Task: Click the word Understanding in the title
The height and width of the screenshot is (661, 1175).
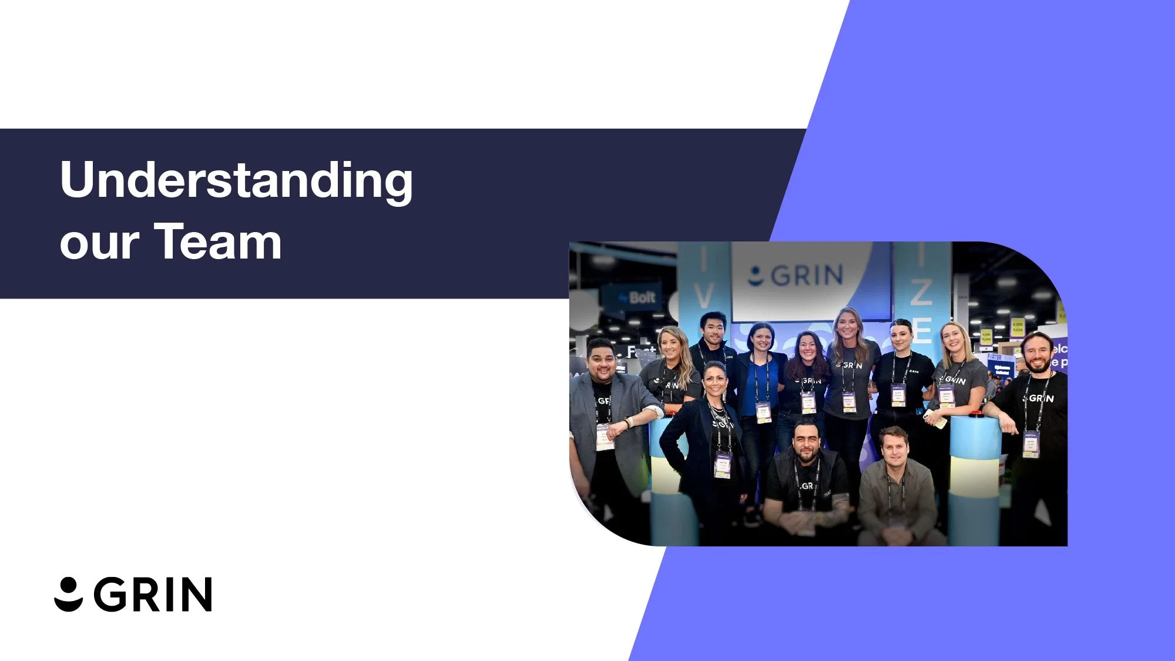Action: click(236, 181)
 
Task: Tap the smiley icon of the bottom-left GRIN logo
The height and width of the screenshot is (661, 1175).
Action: click(69, 594)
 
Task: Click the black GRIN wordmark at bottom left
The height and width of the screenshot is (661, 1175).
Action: click(153, 595)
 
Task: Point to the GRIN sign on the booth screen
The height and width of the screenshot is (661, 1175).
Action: click(797, 275)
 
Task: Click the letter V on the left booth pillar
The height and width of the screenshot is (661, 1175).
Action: click(703, 297)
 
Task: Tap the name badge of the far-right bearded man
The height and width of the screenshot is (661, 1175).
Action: click(1030, 444)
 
